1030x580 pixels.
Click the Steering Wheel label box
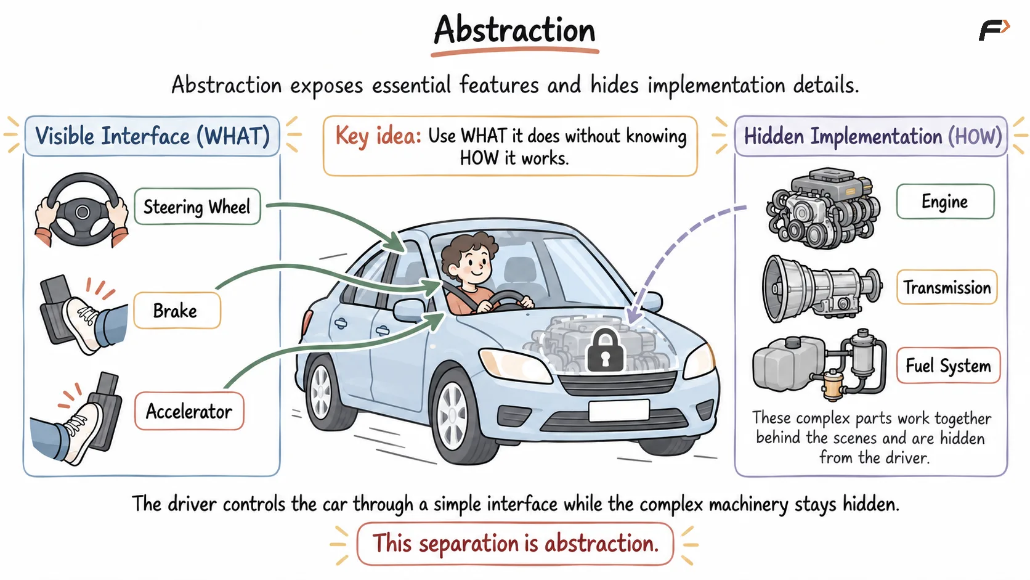[x=197, y=206]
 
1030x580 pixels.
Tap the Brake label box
[x=177, y=311]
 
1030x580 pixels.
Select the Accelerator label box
[x=189, y=410]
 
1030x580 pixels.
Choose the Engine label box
[x=945, y=202]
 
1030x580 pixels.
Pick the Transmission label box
[x=947, y=287]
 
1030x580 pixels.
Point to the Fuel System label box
[x=948, y=366]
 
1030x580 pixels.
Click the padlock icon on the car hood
[x=605, y=350]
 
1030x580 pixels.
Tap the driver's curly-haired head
[x=470, y=260]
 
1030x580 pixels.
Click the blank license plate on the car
[x=619, y=410]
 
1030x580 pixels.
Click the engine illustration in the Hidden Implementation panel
[x=823, y=208]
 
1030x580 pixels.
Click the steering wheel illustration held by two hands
[x=83, y=210]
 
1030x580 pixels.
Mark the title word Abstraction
[x=514, y=30]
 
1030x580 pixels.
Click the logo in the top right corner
[x=994, y=30]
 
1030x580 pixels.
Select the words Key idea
[x=378, y=136]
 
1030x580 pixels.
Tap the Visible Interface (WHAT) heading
[x=152, y=136]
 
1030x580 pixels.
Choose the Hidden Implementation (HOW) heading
[x=872, y=136]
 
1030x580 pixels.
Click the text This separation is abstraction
[x=516, y=543]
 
